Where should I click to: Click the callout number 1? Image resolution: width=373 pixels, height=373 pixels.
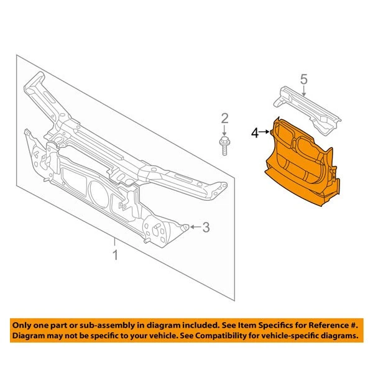point(114,255)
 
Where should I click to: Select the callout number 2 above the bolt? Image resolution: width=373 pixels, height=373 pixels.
point(225,118)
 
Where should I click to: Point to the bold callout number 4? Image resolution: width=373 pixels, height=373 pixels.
point(255,132)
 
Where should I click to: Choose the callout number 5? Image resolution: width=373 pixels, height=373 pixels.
point(303,79)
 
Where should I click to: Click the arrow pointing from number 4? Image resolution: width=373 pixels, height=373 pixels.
point(265,132)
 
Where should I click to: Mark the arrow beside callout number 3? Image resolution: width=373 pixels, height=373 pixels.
point(195,228)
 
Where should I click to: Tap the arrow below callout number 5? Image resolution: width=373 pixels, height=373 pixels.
point(303,92)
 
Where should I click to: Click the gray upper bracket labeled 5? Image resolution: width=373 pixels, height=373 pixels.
point(308,112)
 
